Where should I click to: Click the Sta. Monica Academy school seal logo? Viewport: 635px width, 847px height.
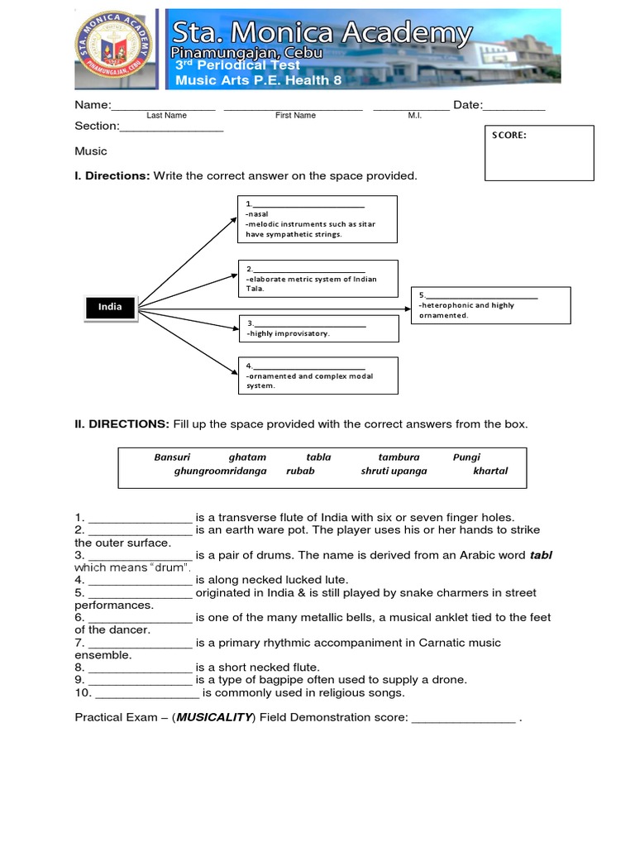(x=116, y=50)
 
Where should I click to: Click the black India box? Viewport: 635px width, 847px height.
(x=110, y=308)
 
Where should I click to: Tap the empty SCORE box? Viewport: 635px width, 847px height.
(x=539, y=153)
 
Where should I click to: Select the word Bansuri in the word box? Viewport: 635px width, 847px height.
(x=172, y=457)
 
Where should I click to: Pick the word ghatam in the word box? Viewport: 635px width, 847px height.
(x=247, y=457)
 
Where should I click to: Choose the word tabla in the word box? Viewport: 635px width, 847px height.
(x=318, y=457)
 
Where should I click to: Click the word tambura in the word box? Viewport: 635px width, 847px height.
(x=399, y=457)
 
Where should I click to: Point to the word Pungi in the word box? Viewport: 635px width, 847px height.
(x=466, y=457)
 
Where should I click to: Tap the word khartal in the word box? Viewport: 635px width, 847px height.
(x=490, y=471)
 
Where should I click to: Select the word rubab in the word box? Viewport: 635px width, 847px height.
(x=300, y=471)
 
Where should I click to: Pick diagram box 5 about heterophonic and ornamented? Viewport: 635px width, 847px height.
(x=491, y=305)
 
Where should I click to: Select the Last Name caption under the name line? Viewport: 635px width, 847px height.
(x=166, y=116)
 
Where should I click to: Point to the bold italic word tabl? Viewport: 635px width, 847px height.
(x=540, y=556)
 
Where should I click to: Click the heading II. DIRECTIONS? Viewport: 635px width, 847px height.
(x=122, y=424)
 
